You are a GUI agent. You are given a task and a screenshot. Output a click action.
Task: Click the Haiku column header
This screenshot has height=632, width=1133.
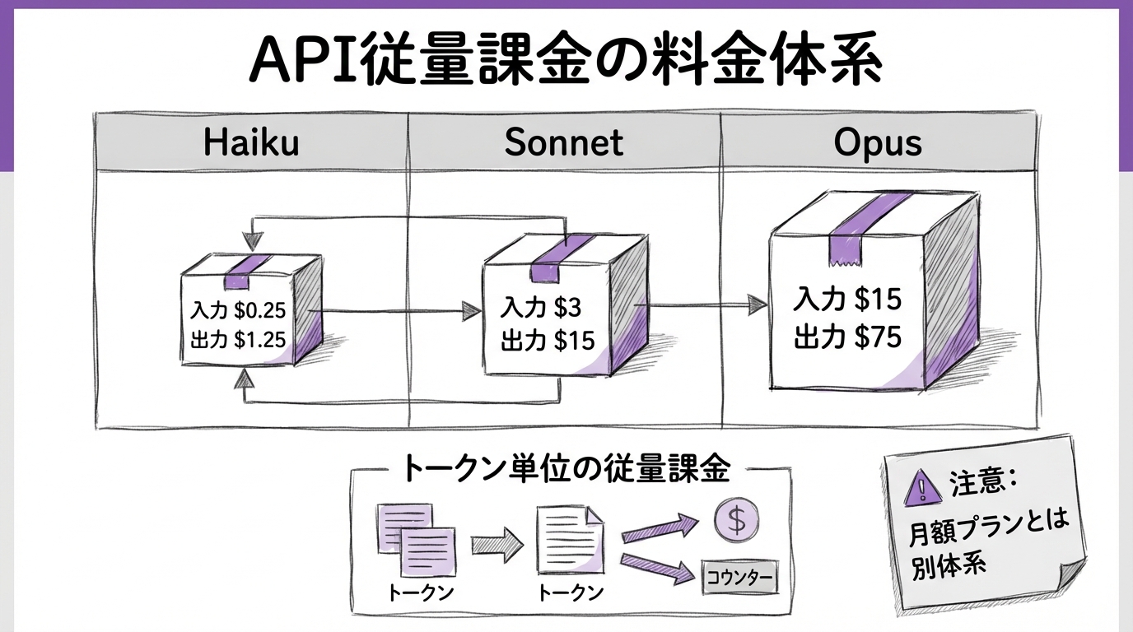click(251, 142)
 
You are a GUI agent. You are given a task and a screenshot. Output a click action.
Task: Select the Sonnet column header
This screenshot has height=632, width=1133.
click(564, 142)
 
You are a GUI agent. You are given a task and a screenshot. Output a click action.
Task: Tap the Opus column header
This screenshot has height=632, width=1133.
click(877, 142)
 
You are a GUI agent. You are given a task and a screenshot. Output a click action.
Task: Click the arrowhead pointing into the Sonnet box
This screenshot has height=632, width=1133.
click(470, 311)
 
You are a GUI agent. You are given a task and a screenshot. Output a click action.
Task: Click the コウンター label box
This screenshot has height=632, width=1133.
click(739, 578)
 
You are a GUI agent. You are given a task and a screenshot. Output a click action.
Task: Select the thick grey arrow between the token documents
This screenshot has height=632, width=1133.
click(497, 543)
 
